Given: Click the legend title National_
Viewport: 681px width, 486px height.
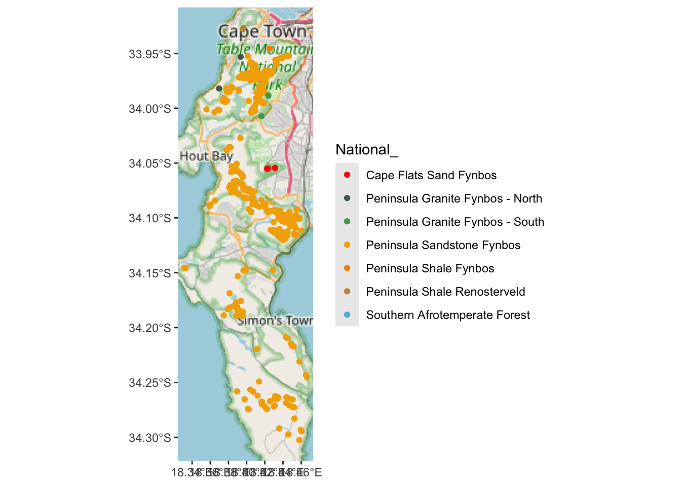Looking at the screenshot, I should point(367,150).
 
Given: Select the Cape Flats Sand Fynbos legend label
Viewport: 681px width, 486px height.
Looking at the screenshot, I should point(431,175).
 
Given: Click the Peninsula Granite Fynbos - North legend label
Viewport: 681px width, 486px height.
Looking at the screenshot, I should point(454,198).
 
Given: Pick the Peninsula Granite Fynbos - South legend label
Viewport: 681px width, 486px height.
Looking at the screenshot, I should point(455,222).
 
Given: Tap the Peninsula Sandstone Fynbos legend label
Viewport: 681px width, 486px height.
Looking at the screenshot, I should point(443,245).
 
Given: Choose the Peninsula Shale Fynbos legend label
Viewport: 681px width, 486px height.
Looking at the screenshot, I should point(430,268).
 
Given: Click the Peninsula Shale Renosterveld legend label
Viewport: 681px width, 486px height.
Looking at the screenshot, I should point(445,292).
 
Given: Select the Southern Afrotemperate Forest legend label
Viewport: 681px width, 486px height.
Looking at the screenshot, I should point(448,315).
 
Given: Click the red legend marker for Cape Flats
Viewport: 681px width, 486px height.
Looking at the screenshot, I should point(347,175).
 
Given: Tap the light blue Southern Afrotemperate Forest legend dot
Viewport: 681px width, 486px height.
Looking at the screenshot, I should point(347,315).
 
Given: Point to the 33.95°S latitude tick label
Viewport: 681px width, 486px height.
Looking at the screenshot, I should point(150,54).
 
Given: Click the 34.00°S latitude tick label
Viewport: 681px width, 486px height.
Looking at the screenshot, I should point(150,109).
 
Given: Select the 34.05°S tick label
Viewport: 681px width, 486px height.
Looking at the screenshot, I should point(150,164).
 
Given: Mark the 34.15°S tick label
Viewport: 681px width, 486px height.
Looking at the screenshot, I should point(150,273).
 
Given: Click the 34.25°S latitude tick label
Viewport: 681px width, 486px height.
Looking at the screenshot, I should point(150,383).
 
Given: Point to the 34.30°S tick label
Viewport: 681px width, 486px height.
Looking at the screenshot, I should point(150,438).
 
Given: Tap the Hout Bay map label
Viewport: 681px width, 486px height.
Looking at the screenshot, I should point(206,156).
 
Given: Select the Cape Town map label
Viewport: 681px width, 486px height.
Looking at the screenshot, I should point(262,31).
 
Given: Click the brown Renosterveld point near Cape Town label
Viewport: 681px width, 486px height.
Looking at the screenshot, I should point(243,28).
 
